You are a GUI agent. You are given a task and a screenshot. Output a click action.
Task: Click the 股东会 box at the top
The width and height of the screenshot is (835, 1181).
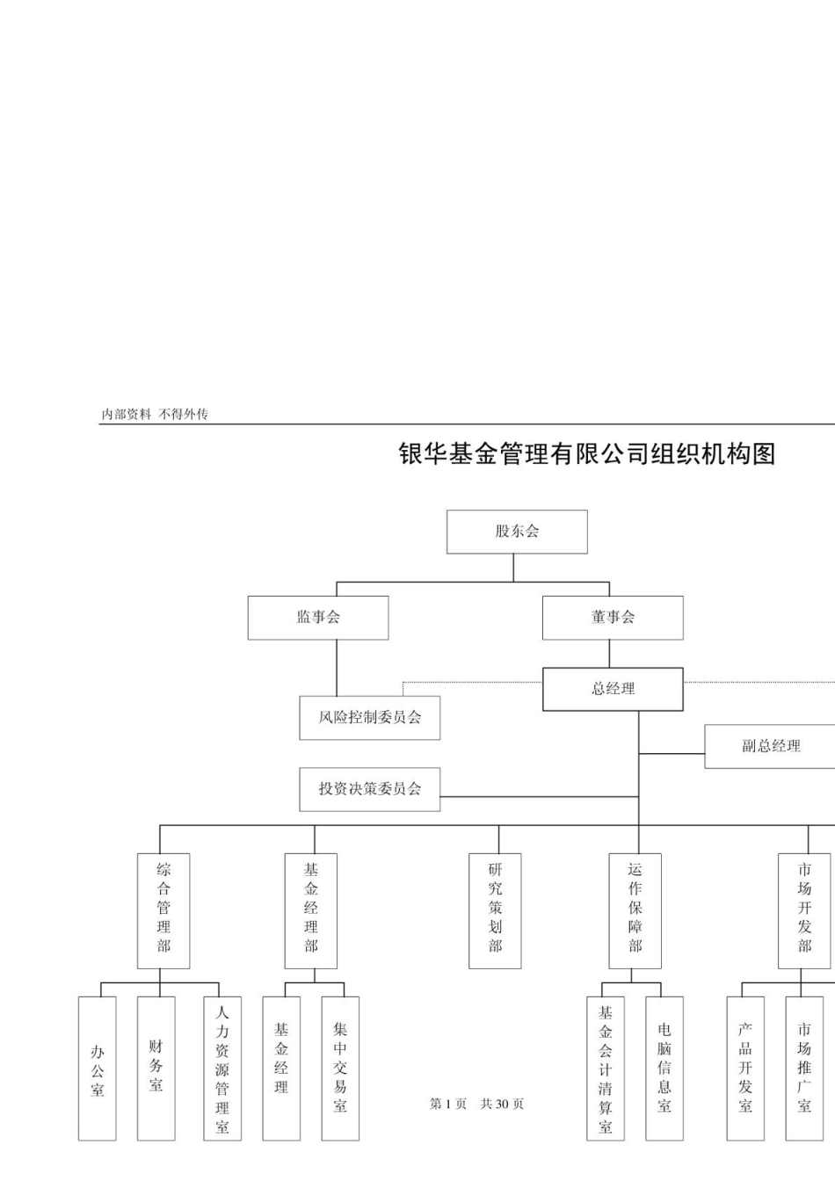(517, 532)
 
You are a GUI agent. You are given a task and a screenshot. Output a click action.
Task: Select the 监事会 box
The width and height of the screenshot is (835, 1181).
(318, 618)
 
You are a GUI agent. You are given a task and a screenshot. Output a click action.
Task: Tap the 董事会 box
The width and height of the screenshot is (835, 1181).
(613, 618)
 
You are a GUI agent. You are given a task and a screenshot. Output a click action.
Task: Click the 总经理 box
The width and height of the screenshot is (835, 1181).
(613, 689)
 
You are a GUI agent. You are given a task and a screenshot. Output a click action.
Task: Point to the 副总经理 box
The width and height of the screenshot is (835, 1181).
(770, 746)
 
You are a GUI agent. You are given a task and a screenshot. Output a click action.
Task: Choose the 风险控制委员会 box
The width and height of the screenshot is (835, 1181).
(369, 718)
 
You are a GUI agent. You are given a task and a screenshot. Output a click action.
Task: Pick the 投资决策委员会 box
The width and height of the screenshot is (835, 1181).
(369, 789)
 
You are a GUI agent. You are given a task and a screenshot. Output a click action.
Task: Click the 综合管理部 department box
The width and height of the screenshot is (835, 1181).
(163, 910)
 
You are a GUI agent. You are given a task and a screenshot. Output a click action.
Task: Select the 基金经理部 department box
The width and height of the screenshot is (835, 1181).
(311, 910)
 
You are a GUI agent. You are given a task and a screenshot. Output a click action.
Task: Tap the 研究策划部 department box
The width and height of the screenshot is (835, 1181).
(495, 910)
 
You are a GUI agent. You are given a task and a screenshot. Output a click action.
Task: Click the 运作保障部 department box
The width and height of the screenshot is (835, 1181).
(635, 910)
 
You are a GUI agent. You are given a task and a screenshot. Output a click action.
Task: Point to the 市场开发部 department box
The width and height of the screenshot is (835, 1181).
(804, 910)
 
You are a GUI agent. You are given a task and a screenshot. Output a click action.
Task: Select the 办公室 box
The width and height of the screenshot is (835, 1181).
(97, 1069)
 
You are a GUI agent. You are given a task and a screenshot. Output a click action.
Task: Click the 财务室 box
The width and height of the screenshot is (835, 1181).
(156, 1069)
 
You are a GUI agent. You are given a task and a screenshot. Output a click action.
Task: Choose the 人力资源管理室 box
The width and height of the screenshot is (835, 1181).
(222, 1069)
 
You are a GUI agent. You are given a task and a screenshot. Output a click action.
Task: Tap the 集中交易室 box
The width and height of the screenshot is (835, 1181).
(340, 1069)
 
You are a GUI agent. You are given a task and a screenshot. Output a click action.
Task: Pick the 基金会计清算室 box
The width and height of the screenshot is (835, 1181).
(606, 1069)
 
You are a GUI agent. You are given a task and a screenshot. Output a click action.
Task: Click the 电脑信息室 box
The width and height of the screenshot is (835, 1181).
(664, 1069)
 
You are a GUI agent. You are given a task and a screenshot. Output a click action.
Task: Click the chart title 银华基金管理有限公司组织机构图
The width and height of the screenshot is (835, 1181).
(587, 454)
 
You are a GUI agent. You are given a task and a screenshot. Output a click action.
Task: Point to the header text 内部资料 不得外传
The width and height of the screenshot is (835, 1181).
(155, 414)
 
